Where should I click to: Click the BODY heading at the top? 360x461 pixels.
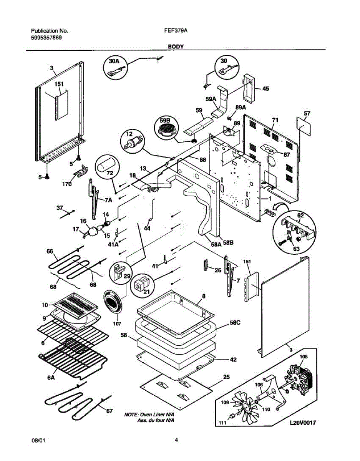(x=176, y=46)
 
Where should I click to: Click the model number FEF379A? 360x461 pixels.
(x=176, y=31)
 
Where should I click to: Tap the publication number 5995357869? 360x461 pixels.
(x=46, y=38)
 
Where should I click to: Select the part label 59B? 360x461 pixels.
(x=165, y=121)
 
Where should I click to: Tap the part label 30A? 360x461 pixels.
(x=114, y=61)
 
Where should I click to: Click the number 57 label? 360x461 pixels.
(x=307, y=113)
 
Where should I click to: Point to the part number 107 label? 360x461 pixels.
(x=117, y=324)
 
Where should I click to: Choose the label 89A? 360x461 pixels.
(x=241, y=108)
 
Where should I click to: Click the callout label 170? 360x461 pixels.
(x=66, y=184)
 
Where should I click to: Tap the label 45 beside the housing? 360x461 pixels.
(x=265, y=88)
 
